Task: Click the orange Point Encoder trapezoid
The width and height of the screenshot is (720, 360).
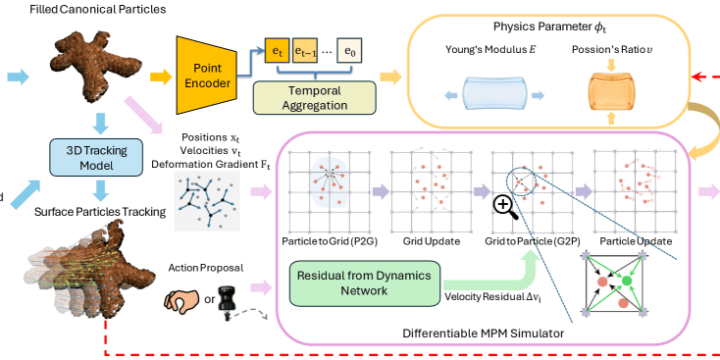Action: pos(206,75)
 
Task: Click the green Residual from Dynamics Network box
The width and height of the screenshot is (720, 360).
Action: pos(364,283)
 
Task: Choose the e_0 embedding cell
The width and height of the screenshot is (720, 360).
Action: pos(349,53)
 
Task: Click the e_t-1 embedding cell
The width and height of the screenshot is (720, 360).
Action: pos(305,53)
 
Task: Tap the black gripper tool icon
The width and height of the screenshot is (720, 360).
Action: pos(227,301)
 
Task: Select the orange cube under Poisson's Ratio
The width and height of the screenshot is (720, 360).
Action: pos(610,94)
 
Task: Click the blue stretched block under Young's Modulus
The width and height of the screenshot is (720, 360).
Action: pos(493,95)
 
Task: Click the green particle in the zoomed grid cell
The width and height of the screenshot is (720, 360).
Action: pos(627,281)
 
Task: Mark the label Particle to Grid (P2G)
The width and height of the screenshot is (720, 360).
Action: pos(330,241)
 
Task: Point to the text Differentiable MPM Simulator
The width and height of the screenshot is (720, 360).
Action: pos(483,333)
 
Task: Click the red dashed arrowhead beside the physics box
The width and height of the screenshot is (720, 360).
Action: pos(695,77)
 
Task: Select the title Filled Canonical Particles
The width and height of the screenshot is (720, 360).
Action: pos(98,9)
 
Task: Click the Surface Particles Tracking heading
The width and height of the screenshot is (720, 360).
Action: pos(100,212)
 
